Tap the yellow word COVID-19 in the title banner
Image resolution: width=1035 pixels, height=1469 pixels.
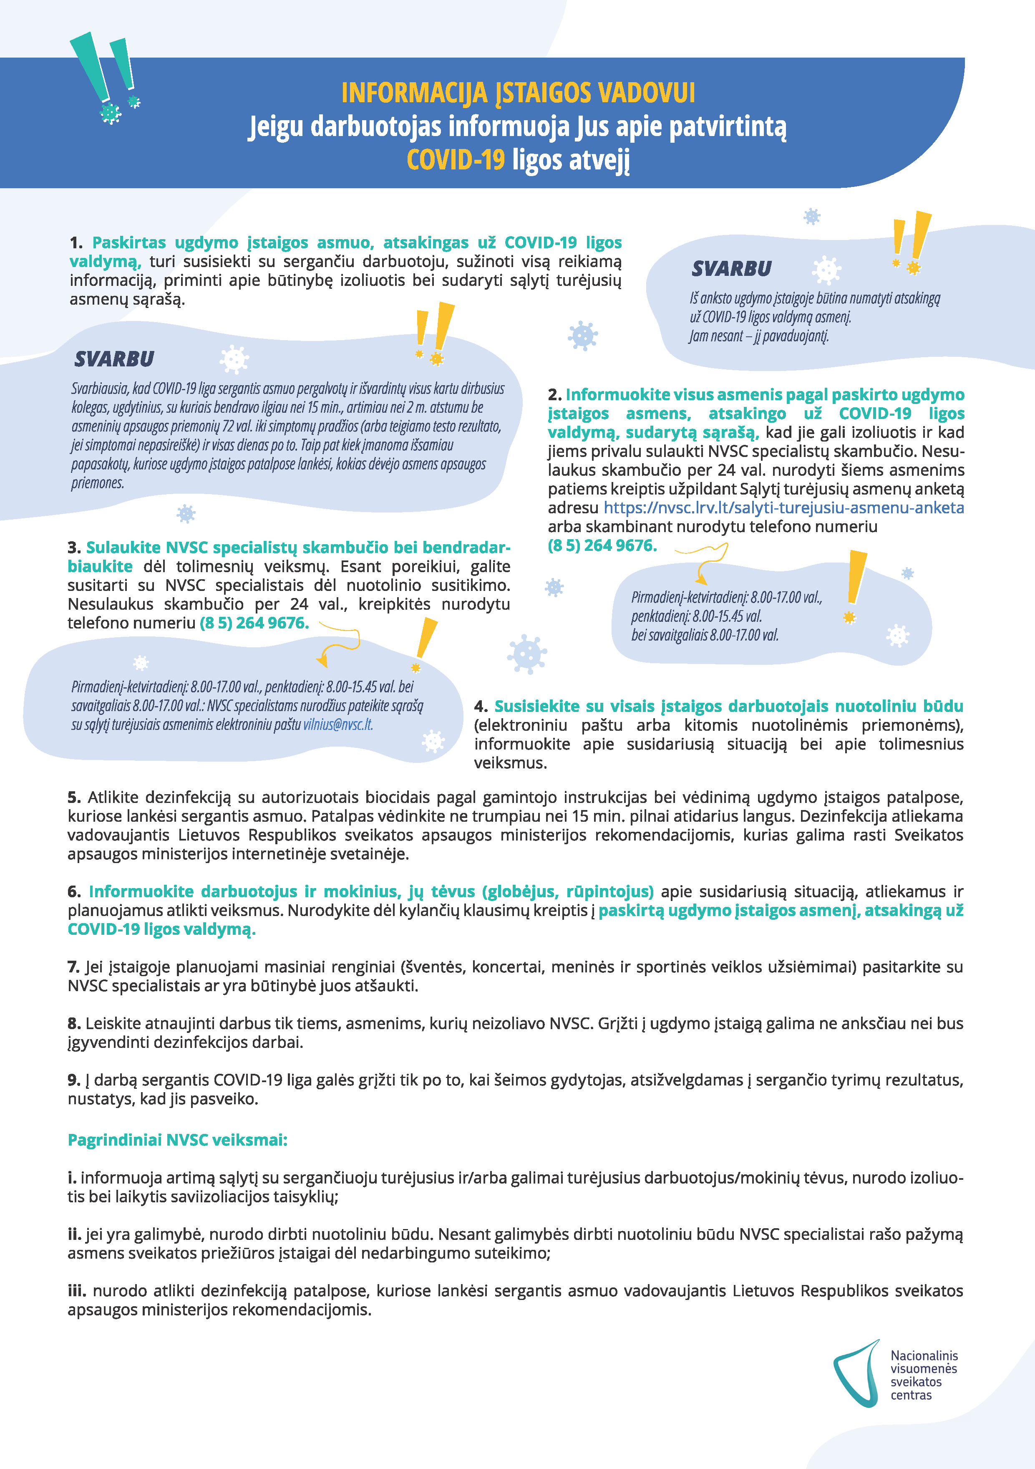coord(456,160)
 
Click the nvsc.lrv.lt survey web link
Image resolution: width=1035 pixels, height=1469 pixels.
coord(783,508)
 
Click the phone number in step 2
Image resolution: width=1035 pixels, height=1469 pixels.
coord(601,546)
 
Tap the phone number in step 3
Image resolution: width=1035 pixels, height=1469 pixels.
coord(254,623)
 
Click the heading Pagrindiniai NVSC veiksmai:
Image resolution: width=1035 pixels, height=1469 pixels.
coord(177,1140)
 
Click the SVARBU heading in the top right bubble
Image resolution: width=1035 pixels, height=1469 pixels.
coord(731,269)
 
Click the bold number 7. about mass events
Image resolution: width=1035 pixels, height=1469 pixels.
coord(73,967)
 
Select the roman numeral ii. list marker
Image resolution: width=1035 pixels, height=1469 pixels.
coord(74,1234)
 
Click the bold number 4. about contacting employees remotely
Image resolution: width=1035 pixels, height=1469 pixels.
coord(481,707)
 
